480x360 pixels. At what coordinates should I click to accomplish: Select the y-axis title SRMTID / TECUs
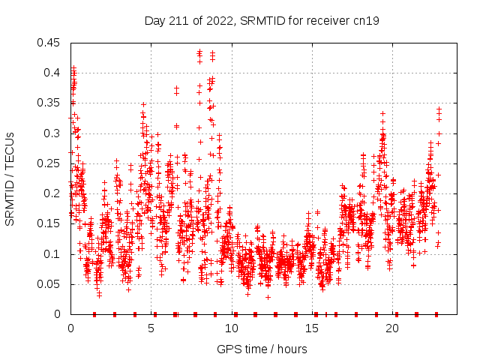(x=10, y=178)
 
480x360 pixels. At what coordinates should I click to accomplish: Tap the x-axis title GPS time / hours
(x=262, y=349)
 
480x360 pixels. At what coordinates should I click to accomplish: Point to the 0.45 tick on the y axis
(x=49, y=43)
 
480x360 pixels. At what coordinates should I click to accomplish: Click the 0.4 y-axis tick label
(x=52, y=73)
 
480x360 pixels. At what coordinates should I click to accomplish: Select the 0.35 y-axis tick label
(x=49, y=103)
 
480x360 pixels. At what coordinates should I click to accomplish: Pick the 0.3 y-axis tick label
(x=52, y=133)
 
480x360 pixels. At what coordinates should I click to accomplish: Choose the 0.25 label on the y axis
(x=49, y=163)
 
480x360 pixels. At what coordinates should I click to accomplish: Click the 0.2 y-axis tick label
(x=52, y=193)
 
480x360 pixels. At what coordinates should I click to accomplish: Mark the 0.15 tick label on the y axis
(x=49, y=223)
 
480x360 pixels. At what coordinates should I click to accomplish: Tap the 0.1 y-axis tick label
(x=52, y=253)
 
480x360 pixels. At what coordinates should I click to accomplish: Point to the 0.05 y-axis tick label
(x=49, y=283)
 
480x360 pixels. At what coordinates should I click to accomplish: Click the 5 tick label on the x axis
(x=151, y=328)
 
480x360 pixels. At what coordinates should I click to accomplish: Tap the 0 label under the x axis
(x=70, y=328)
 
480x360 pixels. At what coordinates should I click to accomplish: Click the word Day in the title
(x=154, y=20)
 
